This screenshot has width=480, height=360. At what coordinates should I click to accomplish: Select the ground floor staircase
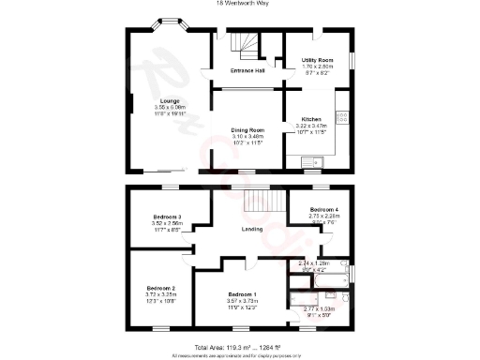click(x=247, y=42)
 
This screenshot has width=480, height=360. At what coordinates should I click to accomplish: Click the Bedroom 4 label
click(x=324, y=208)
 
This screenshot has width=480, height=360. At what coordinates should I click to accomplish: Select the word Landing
click(x=251, y=229)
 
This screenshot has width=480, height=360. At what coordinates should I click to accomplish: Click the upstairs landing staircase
click(x=258, y=200)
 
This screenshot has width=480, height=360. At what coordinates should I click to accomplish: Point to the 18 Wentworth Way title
click(x=240, y=4)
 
